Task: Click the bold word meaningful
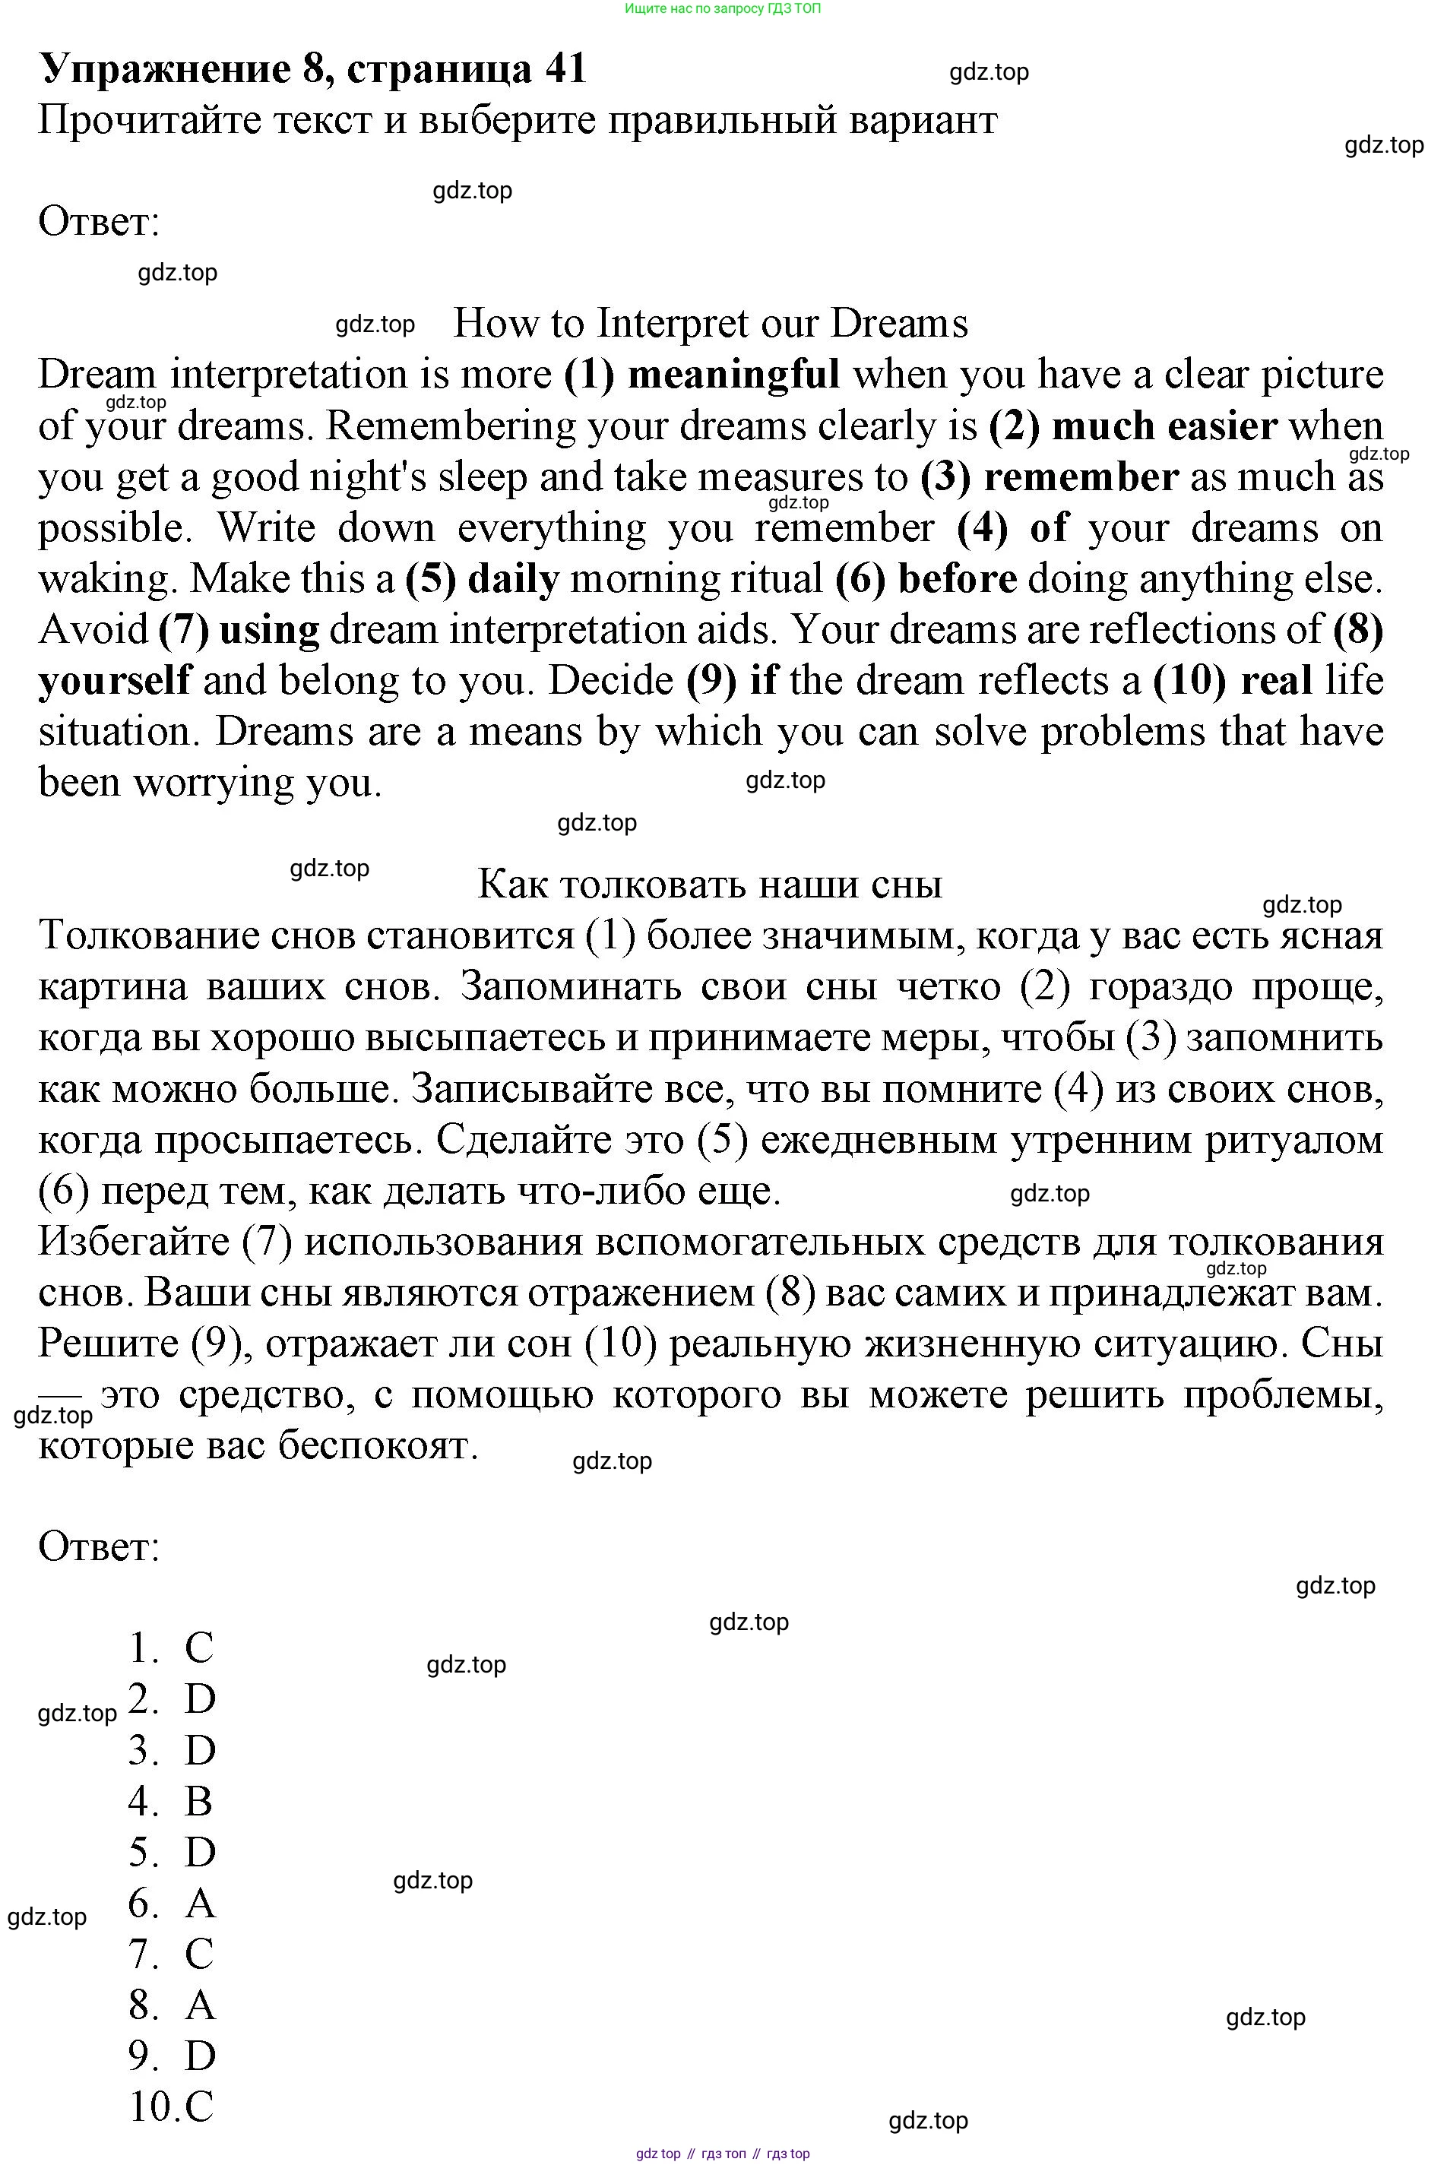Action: (733, 375)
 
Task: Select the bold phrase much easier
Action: (1164, 426)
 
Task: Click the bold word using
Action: (270, 630)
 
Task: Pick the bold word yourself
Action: (116, 681)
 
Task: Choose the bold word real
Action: (1276, 681)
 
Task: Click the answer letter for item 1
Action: (199, 1648)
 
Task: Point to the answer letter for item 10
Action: (199, 2106)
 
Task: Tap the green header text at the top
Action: (723, 8)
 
